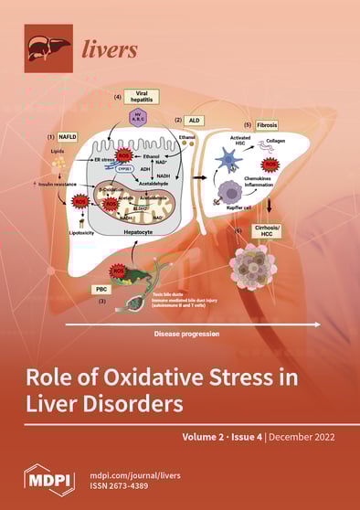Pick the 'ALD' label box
click(195, 120)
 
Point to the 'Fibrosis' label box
click(259, 123)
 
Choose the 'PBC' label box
click(101, 289)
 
